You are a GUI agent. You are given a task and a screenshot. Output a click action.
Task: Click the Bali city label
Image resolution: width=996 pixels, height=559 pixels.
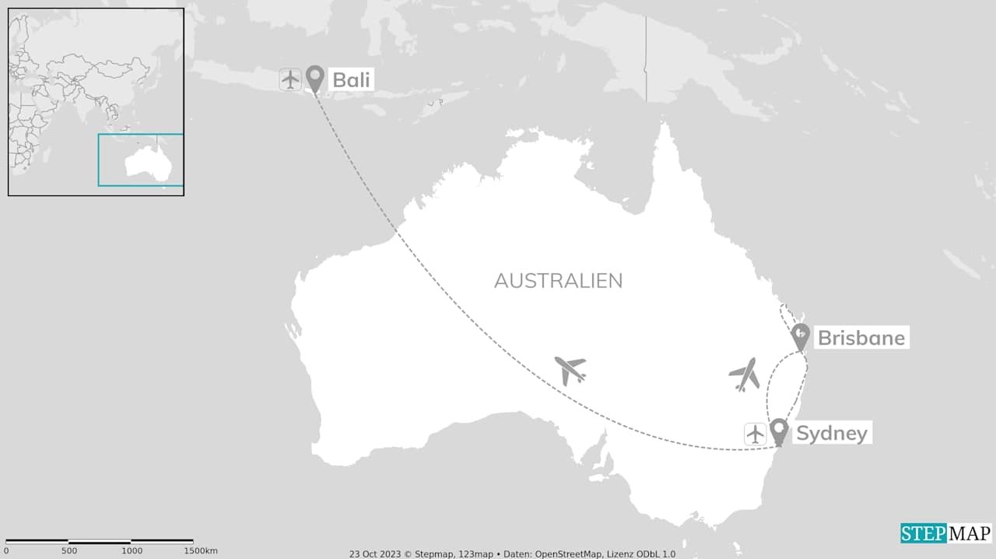(352, 79)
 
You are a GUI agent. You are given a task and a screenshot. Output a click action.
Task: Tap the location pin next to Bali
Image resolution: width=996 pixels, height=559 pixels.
(314, 77)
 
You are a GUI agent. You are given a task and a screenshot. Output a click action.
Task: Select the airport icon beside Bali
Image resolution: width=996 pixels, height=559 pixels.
(290, 79)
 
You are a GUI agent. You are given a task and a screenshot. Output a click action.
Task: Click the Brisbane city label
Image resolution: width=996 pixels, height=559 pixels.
(861, 338)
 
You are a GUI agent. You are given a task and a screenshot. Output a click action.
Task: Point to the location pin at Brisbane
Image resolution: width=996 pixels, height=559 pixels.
(800, 336)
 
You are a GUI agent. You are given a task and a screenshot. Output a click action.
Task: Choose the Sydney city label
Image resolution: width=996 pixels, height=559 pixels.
(831, 433)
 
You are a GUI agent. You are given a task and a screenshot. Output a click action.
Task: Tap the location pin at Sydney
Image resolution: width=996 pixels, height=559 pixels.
(778, 431)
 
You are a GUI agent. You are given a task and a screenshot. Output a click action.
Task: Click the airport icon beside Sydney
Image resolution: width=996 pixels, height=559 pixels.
(755, 434)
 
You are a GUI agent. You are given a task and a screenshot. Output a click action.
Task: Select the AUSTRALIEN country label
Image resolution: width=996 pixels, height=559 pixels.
(558, 280)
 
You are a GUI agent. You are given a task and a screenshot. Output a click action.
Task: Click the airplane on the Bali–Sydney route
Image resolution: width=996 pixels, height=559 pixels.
(570, 370)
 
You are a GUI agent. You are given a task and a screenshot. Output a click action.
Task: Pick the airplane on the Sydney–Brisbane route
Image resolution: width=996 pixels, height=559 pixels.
(745, 374)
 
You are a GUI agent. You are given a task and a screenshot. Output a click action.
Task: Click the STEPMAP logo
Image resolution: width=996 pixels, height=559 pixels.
(946, 533)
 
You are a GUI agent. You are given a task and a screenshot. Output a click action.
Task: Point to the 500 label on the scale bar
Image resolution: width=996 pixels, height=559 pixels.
(68, 551)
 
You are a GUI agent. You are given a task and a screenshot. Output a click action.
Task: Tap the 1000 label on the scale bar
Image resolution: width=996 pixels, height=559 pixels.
(131, 551)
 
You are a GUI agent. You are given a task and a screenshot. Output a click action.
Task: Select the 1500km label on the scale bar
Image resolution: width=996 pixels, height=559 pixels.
(200, 551)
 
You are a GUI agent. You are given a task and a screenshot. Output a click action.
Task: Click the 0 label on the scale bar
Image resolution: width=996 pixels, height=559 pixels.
(6, 551)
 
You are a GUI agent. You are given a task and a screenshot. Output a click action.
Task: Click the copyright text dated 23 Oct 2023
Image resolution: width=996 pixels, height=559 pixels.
(512, 554)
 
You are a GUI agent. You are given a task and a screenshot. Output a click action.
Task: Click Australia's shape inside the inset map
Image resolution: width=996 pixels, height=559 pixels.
(148, 162)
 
